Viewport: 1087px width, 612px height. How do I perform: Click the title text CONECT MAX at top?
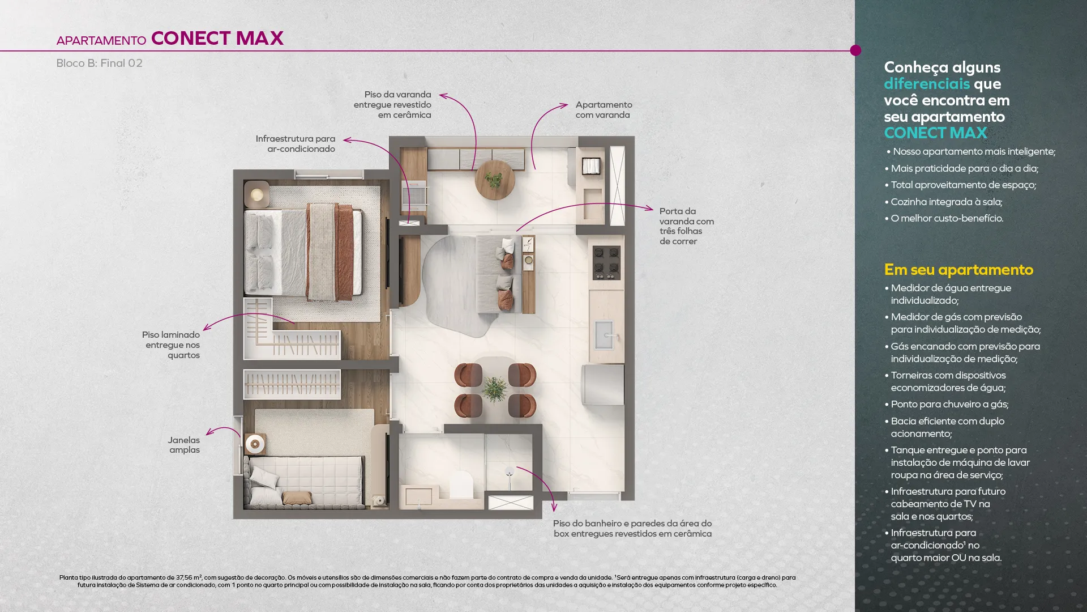click(217, 38)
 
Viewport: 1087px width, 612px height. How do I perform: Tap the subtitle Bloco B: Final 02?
click(99, 63)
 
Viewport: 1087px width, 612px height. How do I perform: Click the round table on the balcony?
click(495, 180)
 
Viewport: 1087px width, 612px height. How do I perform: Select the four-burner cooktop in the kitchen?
click(606, 263)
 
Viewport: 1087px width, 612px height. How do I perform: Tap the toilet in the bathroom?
click(461, 485)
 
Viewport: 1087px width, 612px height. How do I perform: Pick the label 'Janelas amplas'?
click(184, 445)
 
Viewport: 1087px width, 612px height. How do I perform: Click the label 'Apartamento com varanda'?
click(604, 110)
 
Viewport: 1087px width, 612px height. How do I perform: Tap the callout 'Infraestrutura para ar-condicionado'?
click(296, 144)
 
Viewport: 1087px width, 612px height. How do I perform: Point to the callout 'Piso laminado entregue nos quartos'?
click(171, 345)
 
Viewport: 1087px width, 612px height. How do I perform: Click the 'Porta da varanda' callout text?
click(687, 226)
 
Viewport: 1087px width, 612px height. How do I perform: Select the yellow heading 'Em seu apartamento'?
click(958, 270)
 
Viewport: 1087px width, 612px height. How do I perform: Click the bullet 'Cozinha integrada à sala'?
click(947, 202)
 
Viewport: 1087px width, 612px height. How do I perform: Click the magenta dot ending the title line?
click(855, 50)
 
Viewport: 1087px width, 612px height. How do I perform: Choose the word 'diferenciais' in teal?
click(927, 84)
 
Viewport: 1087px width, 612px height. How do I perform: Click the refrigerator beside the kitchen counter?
click(604, 384)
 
